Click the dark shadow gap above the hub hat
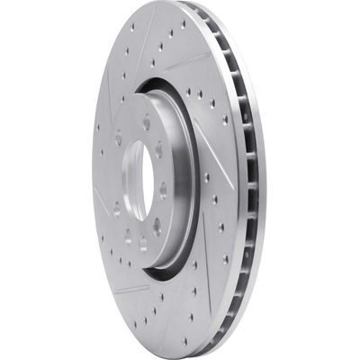[166, 84]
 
